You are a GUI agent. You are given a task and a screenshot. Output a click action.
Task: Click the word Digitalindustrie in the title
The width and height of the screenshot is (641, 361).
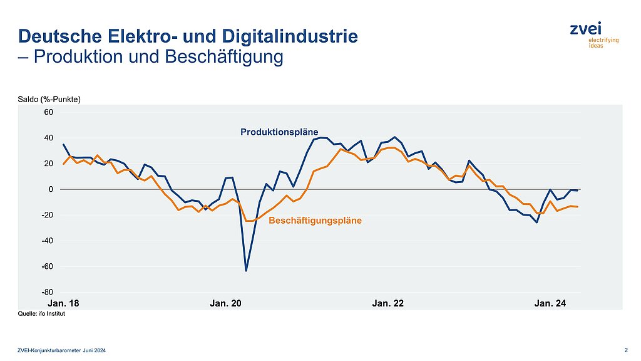coord(294,36)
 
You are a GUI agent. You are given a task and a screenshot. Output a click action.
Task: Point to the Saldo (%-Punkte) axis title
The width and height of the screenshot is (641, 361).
coord(49,100)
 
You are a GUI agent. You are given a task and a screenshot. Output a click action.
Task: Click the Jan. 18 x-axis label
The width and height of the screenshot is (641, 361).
coord(64,303)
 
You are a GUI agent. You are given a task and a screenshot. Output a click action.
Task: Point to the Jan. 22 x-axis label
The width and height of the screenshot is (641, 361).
coord(388,303)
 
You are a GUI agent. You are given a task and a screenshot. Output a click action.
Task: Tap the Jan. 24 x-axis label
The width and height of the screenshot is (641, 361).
coord(550,303)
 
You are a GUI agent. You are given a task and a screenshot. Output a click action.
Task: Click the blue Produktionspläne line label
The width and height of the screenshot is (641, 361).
coord(279,132)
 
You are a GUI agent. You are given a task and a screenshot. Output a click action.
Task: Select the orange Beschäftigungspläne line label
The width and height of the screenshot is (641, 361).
coord(315,221)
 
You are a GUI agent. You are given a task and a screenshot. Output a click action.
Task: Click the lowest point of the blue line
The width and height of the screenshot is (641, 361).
coord(246,271)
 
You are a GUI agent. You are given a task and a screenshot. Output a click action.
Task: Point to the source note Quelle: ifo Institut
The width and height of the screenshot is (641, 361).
coord(41,315)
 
